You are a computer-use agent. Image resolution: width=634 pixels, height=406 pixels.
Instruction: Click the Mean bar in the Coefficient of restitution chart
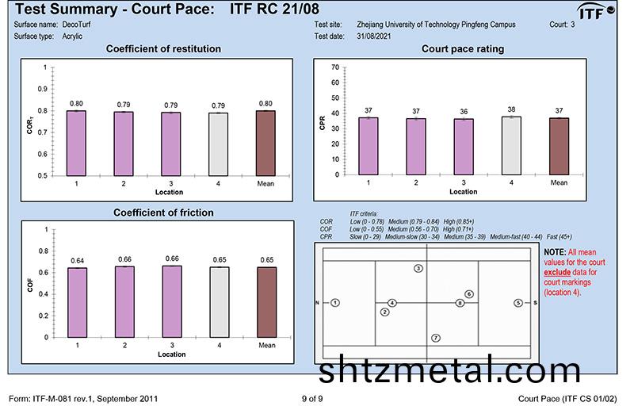[267, 143]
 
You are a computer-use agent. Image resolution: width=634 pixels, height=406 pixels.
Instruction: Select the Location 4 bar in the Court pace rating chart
[511, 145]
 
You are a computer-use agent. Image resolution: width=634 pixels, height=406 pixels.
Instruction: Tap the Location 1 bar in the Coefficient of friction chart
[77, 302]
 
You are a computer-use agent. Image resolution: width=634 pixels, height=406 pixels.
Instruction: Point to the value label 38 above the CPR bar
[511, 110]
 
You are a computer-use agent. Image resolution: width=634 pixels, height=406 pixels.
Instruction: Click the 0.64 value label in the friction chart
[77, 261]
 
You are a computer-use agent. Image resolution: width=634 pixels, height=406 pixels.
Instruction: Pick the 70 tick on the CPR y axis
[336, 67]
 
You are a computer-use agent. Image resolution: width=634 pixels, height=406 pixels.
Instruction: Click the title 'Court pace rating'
[463, 49]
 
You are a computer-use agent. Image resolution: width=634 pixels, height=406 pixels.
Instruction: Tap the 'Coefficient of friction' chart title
[163, 213]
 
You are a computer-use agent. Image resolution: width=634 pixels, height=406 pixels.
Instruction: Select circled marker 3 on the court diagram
[418, 269]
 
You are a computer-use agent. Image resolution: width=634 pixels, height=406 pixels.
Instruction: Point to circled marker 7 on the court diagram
[436, 339]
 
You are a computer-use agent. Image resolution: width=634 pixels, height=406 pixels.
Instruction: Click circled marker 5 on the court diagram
[518, 303]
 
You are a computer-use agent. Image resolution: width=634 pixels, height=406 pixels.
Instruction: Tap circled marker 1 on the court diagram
[336, 303]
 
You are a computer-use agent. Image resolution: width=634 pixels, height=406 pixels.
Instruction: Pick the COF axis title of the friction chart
[31, 284]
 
